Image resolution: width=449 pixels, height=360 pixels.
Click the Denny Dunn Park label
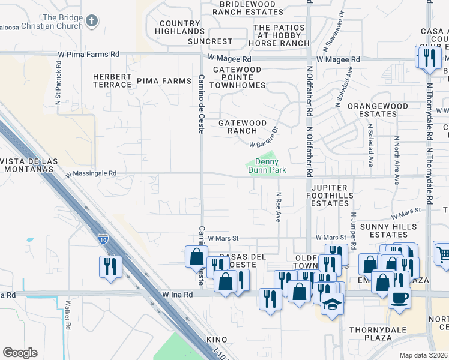pyautogui.click(x=267, y=166)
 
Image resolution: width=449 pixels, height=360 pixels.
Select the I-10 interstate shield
pyautogui.click(x=103, y=239)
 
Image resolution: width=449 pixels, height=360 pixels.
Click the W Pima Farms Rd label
pyautogui.click(x=89, y=54)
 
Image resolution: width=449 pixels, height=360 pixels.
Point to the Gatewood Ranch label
pyautogui.click(x=242, y=127)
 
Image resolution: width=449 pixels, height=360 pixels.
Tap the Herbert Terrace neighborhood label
pyautogui.click(x=112, y=80)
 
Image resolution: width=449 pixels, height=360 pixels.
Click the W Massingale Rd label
pyautogui.click(x=91, y=173)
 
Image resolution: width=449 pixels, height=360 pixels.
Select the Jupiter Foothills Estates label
pyautogui.click(x=327, y=196)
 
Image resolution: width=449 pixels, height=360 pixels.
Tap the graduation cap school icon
pyautogui.click(x=332, y=305)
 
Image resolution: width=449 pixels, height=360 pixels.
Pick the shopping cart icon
pyautogui.click(x=442, y=254)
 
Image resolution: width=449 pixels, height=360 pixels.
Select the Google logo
pyautogui.click(x=20, y=353)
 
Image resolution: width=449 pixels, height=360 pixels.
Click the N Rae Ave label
pyautogui.click(x=279, y=207)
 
